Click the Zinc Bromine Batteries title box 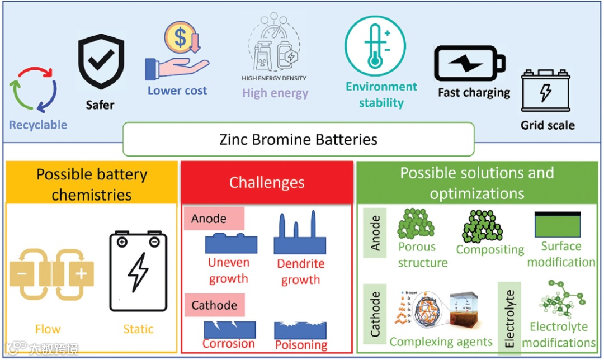tap(298, 139)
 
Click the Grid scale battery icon tap(545, 91)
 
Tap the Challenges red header tap(267, 183)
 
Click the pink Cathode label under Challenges tap(214, 305)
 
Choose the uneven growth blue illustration tap(231, 243)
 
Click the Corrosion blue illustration tap(229, 329)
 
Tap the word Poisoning tap(301, 344)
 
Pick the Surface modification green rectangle tap(558, 225)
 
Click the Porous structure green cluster tap(416, 224)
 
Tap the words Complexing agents tap(441, 342)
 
